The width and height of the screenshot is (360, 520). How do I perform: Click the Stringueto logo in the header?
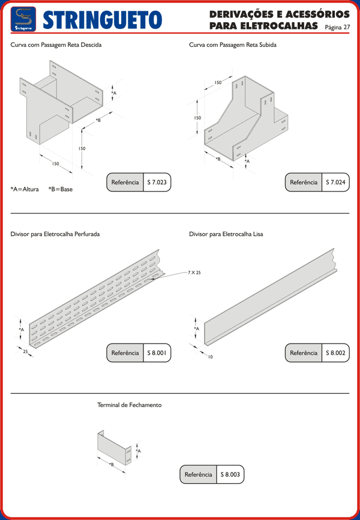tap(23, 19)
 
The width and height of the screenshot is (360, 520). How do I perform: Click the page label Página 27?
tap(337, 27)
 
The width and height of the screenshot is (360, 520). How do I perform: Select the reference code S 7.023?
tap(157, 182)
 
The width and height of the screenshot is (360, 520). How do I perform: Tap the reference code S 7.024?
tap(335, 182)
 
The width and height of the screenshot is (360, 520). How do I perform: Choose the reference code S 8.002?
tap(335, 353)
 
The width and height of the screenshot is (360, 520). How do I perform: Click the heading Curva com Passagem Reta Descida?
tap(56, 45)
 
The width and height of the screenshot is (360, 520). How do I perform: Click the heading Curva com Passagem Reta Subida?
tap(232, 45)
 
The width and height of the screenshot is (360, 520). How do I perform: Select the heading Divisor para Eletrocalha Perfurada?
tap(55, 234)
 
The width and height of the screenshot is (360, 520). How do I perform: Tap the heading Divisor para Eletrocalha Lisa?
tap(226, 234)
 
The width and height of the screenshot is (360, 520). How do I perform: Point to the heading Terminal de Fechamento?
tap(129, 405)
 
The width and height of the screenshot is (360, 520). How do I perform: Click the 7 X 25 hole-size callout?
tap(194, 273)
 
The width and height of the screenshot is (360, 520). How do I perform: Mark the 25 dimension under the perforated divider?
tap(26, 352)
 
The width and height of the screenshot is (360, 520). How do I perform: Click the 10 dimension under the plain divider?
tap(210, 357)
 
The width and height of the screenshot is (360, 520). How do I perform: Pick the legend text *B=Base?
tap(61, 189)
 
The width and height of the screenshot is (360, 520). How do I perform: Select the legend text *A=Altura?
tap(25, 189)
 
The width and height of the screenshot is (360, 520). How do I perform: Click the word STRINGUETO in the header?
tap(103, 20)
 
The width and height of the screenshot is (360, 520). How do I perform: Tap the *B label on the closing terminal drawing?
tap(111, 464)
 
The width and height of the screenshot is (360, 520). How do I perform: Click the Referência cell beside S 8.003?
tap(198, 474)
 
